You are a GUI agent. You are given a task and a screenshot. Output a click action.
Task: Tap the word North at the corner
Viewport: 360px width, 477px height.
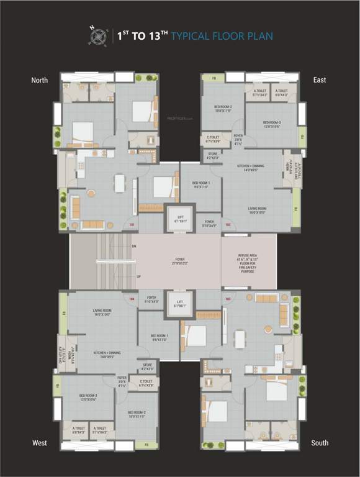point(40,80)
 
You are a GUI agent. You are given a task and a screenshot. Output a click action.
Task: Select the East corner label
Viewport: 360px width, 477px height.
point(320,80)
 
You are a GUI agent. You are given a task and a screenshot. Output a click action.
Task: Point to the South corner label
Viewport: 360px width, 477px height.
point(320,443)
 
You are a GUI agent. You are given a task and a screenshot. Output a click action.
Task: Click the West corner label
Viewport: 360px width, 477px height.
point(40,443)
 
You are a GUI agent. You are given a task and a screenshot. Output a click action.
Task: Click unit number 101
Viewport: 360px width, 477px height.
point(131,224)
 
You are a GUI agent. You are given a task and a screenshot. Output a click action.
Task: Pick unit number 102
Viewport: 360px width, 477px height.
point(228,224)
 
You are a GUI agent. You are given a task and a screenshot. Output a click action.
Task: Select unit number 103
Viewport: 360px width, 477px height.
point(228,299)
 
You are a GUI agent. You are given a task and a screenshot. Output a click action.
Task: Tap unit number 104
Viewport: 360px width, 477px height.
point(132,299)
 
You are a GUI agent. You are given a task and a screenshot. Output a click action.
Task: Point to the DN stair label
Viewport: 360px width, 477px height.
point(134,247)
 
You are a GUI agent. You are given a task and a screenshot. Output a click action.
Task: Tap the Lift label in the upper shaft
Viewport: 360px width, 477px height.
point(180,217)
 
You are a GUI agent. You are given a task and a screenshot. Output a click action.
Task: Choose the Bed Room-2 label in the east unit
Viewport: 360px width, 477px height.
point(223,109)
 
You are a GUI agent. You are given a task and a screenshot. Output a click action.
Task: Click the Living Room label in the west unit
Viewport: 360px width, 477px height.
point(102,313)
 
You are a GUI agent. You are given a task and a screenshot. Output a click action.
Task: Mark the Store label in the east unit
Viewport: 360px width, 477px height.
point(213,156)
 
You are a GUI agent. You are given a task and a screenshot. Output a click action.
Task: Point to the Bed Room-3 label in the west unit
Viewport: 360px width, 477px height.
point(88,397)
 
